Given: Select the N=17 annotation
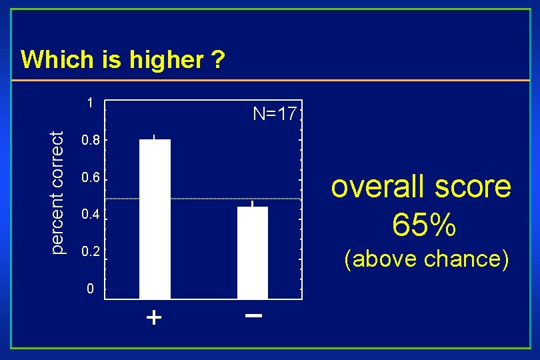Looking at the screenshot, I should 275,114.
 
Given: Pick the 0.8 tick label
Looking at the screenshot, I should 90,141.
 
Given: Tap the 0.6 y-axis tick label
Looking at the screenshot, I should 90,179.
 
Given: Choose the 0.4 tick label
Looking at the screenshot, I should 90,215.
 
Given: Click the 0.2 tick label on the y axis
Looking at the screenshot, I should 90,253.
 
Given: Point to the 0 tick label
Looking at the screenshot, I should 91,289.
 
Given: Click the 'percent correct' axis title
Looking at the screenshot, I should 59,192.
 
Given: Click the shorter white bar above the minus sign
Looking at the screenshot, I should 253,253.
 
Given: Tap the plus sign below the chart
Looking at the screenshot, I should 154,318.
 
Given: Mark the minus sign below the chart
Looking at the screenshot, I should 253,315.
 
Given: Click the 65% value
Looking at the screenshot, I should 424,225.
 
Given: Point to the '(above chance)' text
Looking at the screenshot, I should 426,258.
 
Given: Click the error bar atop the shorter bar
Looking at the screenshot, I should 253,203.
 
